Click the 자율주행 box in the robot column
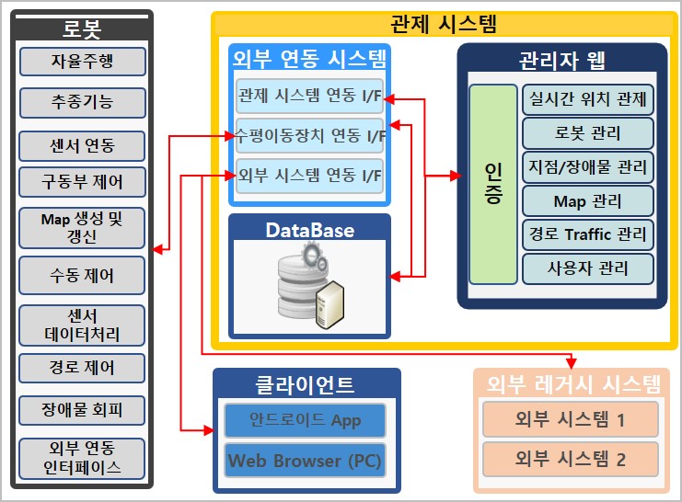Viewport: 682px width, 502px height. [x=83, y=62]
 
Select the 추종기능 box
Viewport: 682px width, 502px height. [x=83, y=103]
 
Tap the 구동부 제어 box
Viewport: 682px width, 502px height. [x=82, y=182]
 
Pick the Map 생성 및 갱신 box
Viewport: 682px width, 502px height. [x=82, y=228]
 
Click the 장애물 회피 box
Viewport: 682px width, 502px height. [x=82, y=410]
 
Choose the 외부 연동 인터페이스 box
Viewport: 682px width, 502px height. [x=82, y=459]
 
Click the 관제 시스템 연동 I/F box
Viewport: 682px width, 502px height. [x=309, y=96]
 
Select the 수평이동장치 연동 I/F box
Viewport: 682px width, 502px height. [x=309, y=135]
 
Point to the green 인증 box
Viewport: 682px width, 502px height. [x=493, y=184]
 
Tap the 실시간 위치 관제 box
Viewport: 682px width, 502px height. [x=587, y=99]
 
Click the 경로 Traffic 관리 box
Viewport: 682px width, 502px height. [x=587, y=234]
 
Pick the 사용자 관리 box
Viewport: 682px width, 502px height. [x=587, y=268]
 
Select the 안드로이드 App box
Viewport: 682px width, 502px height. [x=305, y=420]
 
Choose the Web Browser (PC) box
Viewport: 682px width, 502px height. [x=305, y=461]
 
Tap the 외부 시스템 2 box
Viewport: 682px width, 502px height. [x=571, y=459]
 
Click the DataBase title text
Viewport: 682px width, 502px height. [x=309, y=231]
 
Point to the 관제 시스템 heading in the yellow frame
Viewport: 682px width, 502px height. [x=444, y=24]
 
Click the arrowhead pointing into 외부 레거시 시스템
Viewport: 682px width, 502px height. [x=572, y=363]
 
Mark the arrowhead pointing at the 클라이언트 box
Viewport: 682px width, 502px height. [x=208, y=430]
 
